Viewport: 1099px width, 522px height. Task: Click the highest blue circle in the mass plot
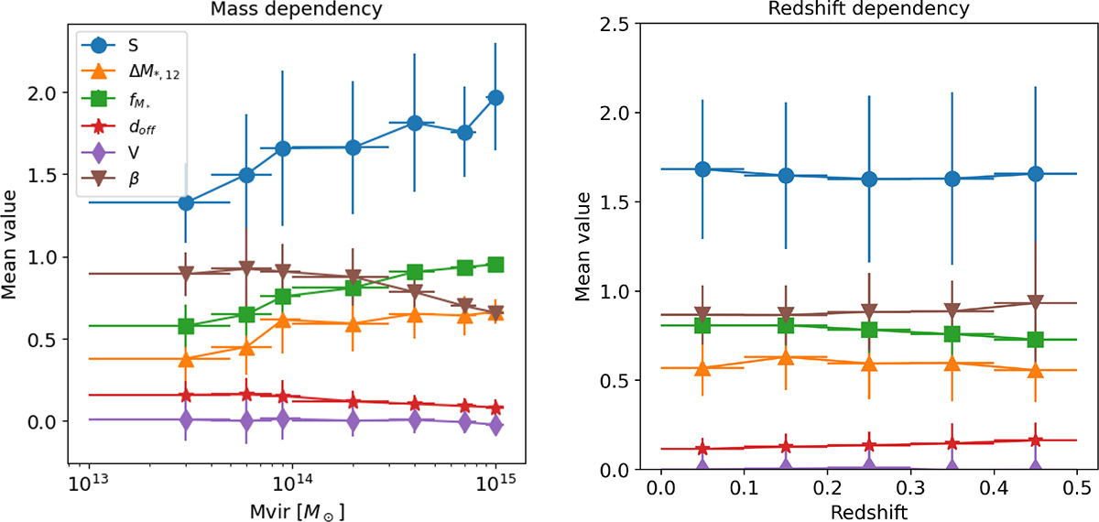point(495,98)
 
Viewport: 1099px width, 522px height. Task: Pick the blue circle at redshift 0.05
point(702,169)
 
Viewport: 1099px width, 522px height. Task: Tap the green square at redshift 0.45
point(1036,340)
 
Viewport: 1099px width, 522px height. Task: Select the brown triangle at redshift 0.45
point(1036,303)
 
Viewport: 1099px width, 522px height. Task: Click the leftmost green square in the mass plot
point(186,326)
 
